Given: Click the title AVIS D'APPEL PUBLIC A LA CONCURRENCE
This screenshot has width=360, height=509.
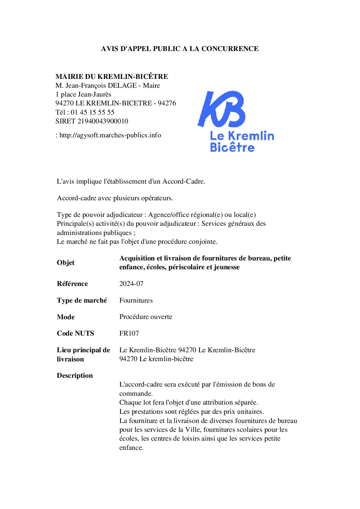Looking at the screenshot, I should (180, 49).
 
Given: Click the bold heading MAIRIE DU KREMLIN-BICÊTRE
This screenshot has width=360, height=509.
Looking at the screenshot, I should (112, 77).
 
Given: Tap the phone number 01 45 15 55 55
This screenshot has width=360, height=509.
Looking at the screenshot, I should (93, 112).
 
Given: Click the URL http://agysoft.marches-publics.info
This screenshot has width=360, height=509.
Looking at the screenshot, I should (110, 135).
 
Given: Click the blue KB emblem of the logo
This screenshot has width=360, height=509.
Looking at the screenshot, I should (222, 109).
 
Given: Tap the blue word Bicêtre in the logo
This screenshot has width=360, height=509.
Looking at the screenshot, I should (232, 148).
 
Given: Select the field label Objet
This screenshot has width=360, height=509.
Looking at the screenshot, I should (65, 262).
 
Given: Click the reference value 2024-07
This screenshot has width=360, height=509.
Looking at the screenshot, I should (131, 284).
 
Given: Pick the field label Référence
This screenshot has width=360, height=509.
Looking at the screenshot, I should (72, 284).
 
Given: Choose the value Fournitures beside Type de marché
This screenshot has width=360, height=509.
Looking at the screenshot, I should (136, 300).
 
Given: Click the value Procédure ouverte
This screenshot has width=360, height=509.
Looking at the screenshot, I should (146, 317).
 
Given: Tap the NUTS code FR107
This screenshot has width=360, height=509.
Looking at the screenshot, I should (129, 333).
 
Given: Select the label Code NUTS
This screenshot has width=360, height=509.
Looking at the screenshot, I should (75, 333).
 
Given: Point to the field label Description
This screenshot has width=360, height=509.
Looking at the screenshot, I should (75, 375).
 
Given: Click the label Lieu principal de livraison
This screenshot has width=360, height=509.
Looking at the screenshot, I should (83, 354).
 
